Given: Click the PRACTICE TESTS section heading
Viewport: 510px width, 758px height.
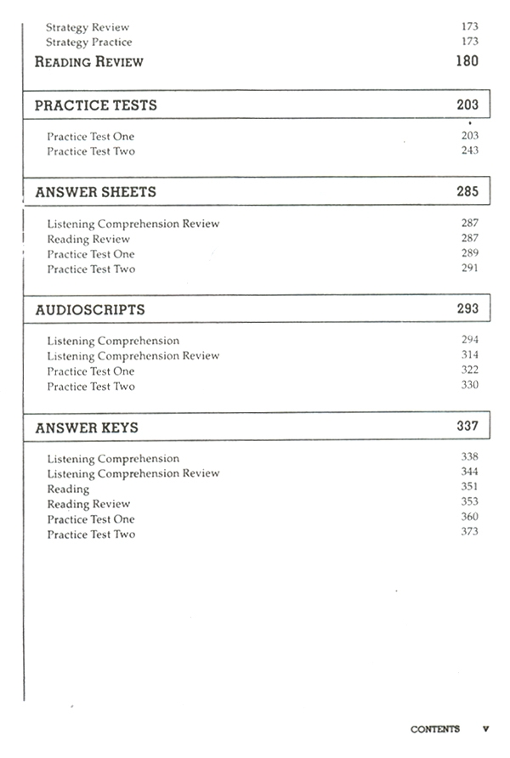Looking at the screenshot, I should click(96, 105).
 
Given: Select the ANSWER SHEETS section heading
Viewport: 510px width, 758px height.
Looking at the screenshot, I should click(95, 192).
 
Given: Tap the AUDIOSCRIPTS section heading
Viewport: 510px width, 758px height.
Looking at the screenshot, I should click(90, 309).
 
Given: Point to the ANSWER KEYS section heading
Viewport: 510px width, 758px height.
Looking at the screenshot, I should click(87, 427).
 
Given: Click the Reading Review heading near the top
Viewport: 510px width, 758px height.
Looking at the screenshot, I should click(88, 62).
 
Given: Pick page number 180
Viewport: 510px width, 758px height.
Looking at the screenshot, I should click(467, 61).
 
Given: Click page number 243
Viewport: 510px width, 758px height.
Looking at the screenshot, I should click(469, 150).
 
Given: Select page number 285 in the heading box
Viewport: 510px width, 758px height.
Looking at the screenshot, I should click(467, 191).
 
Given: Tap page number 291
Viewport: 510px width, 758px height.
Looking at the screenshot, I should click(469, 269).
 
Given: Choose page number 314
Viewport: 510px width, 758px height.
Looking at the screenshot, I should click(469, 355).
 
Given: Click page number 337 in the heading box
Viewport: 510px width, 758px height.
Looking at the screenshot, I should click(467, 427).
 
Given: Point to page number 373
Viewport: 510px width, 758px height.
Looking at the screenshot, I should click(469, 532).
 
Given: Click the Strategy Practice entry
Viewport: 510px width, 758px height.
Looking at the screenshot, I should click(88, 42).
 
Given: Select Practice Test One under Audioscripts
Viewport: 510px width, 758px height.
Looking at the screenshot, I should click(90, 371).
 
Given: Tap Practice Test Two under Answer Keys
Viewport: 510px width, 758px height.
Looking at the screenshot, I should click(90, 535).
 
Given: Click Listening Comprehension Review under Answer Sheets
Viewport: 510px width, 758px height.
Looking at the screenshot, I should click(133, 224).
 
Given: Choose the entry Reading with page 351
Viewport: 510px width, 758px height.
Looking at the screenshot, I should click(68, 489).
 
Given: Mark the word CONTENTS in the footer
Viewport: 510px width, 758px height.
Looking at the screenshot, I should click(434, 729).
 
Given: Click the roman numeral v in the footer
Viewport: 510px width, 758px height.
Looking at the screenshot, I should click(485, 729).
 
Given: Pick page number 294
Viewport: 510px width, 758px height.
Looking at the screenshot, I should click(469, 340).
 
